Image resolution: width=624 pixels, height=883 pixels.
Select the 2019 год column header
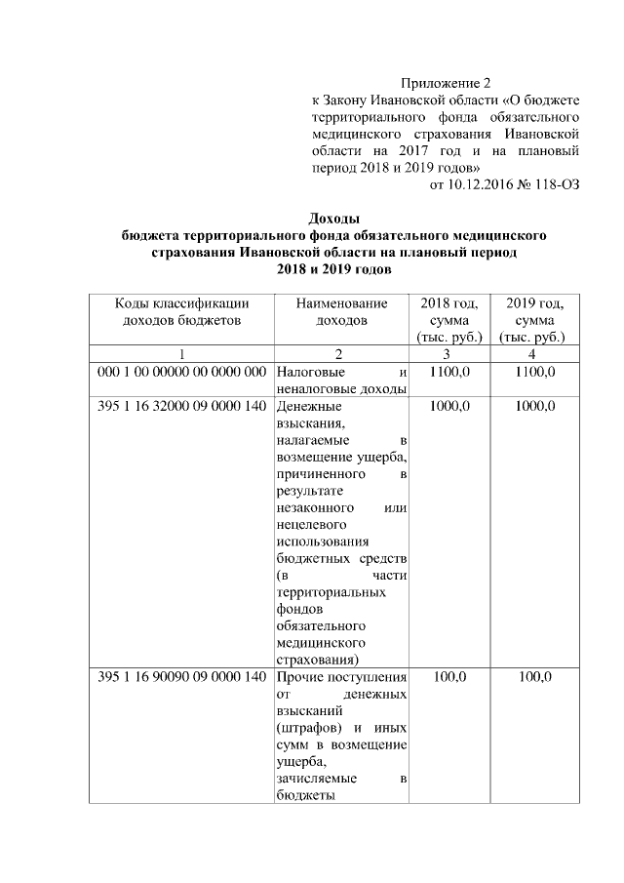pyautogui.click(x=535, y=319)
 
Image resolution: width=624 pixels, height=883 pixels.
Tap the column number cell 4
pyautogui.click(x=535, y=353)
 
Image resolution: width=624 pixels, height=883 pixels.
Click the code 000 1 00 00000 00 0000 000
pyautogui.click(x=181, y=372)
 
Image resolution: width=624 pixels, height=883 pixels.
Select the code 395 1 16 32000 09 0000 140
pyautogui.click(x=181, y=406)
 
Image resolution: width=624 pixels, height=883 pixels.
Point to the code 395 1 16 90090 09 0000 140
pyautogui.click(x=181, y=677)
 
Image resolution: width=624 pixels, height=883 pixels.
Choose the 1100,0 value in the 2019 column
pyautogui.click(x=535, y=372)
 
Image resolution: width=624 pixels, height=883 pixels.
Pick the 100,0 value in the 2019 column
pyautogui.click(x=535, y=677)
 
